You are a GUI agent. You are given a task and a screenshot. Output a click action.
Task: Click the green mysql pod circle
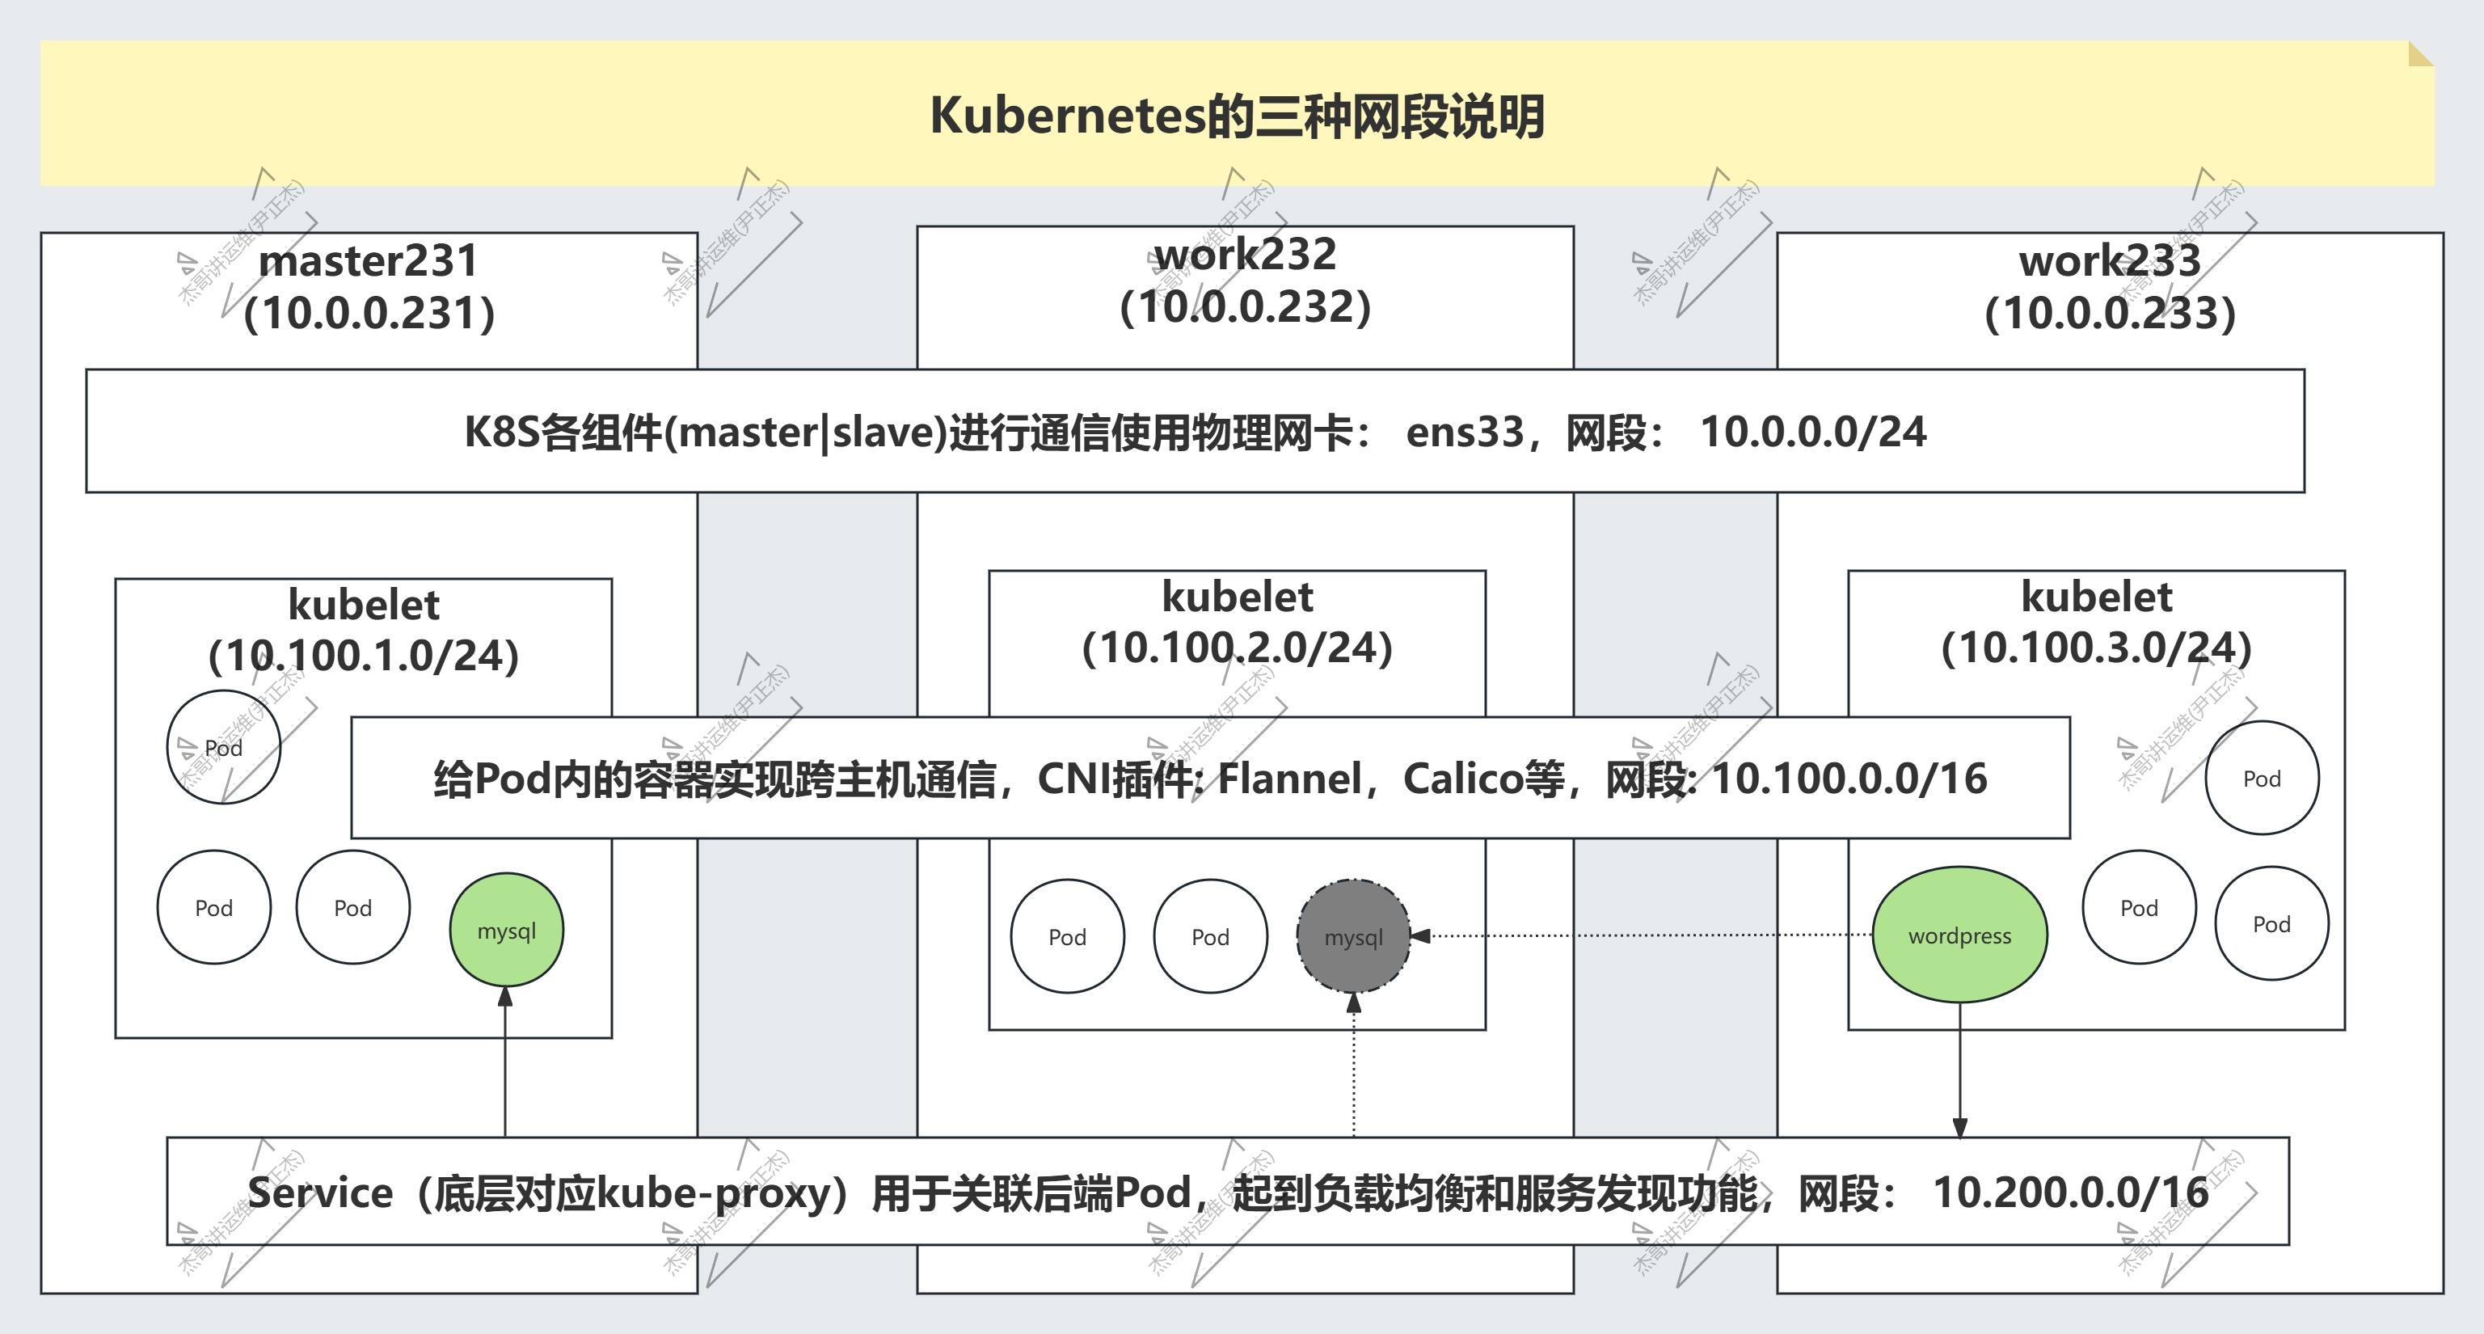click(506, 930)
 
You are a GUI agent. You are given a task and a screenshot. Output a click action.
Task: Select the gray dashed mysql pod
click(1353, 936)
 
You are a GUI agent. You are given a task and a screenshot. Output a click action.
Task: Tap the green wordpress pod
click(1959, 935)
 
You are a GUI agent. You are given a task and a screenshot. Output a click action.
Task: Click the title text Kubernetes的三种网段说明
click(1238, 116)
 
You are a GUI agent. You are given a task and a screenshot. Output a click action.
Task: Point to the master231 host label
click(369, 260)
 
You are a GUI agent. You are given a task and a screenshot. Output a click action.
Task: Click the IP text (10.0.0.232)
click(1245, 306)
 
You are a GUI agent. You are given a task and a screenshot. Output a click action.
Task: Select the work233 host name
click(2110, 260)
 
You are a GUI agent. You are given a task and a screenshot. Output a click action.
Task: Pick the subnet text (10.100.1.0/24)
click(364, 656)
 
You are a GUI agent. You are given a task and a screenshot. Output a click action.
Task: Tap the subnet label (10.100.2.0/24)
click(1238, 648)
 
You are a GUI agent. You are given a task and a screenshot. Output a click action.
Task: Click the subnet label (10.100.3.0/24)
click(2096, 648)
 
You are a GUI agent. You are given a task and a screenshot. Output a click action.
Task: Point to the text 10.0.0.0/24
click(1813, 432)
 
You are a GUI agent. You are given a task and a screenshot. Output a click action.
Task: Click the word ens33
click(1465, 432)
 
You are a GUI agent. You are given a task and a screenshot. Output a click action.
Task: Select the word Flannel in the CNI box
click(1289, 779)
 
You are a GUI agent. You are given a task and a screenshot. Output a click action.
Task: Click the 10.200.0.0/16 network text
click(2070, 1193)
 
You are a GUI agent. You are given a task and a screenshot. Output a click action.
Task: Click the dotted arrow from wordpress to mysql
click(1639, 935)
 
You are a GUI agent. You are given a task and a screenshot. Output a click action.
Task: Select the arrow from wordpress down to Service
click(1959, 1070)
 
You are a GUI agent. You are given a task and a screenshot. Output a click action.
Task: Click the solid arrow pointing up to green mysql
click(505, 1061)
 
